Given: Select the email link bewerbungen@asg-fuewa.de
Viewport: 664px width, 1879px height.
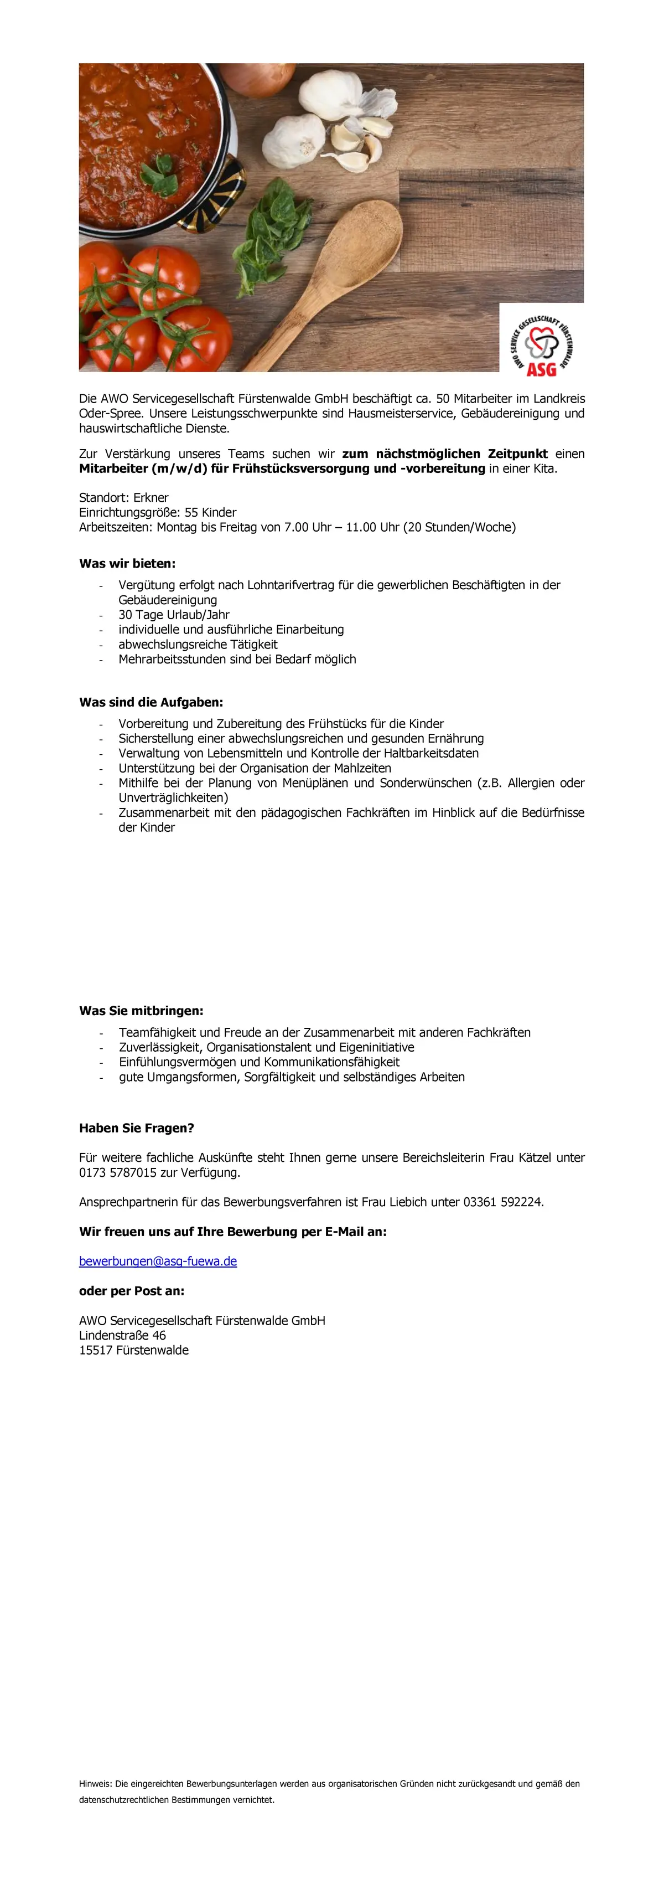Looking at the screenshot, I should click(x=158, y=1261).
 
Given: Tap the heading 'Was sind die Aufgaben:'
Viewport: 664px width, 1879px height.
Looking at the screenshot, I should click(x=151, y=702).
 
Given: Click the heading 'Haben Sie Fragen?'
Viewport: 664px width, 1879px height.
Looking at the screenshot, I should click(x=136, y=1128).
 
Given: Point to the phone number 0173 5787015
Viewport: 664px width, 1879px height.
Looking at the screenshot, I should click(x=117, y=1172).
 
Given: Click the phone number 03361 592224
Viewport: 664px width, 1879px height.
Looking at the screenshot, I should click(x=502, y=1201).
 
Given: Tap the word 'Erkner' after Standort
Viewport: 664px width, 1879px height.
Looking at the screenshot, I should click(x=151, y=497).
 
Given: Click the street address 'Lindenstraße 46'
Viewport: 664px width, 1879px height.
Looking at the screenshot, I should click(x=122, y=1335).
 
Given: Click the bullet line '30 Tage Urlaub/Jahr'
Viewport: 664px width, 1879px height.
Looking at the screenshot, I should click(x=174, y=614).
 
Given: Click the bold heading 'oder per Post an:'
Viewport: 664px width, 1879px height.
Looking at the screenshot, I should click(x=131, y=1290).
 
